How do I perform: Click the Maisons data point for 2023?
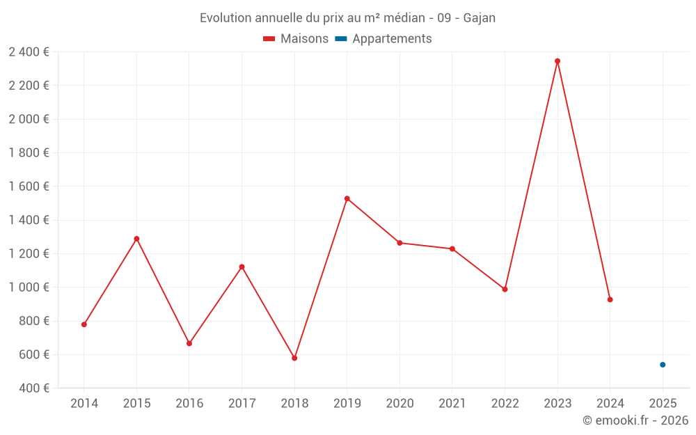[x=557, y=61]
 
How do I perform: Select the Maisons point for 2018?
[x=294, y=358]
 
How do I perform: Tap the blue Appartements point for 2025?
[x=663, y=365]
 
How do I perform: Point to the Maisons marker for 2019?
[x=347, y=199]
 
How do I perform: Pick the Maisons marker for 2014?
[x=84, y=324]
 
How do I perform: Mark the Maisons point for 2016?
[x=189, y=344]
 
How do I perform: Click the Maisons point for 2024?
[x=610, y=300]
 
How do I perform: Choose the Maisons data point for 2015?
[x=136, y=239]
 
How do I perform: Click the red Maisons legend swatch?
[x=269, y=39]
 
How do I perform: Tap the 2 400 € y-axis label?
[x=29, y=52]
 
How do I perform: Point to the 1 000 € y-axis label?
[x=29, y=287]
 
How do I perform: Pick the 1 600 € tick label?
[x=29, y=187]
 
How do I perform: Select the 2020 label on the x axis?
[x=400, y=404]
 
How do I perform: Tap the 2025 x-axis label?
[x=663, y=404]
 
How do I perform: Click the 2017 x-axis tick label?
[x=242, y=404]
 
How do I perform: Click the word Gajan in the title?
[x=480, y=18]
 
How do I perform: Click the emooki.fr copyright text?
[x=635, y=420]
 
